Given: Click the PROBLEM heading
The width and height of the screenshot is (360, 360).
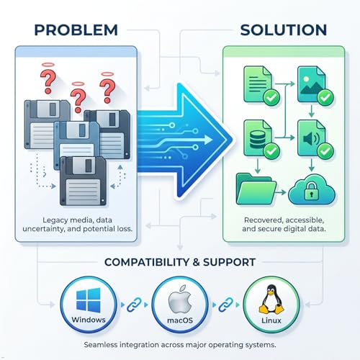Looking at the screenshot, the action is pos(76,30).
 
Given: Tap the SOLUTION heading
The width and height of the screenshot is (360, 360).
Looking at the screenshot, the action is pos(284,30).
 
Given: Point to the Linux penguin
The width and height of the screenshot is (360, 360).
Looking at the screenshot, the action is pos(271,300).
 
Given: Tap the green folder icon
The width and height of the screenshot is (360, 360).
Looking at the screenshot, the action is pos(256,189).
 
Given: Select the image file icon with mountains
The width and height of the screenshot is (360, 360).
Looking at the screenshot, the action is pos(312,84).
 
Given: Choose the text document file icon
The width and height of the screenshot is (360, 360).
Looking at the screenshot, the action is pos(258,84).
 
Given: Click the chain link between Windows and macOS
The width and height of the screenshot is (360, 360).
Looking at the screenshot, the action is pos(134,305).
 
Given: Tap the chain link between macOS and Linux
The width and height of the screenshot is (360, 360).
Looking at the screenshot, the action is pos(226,305).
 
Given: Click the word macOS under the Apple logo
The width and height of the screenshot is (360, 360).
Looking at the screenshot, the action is pos(180,320).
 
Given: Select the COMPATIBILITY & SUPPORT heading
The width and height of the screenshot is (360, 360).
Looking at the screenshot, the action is pos(180,262).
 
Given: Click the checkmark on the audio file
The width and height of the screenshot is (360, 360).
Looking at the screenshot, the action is pos(325,151).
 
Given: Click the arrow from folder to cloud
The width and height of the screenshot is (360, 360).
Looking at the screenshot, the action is pos(281,192).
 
